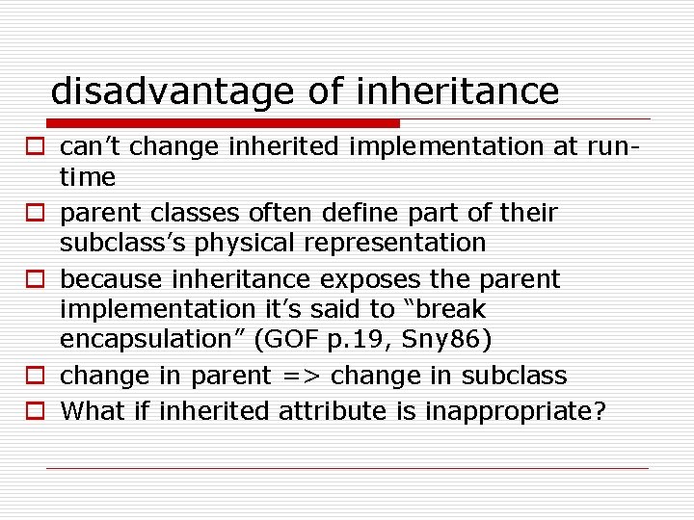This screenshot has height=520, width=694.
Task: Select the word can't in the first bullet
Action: coord(91,146)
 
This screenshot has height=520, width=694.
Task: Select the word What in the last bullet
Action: coord(93,411)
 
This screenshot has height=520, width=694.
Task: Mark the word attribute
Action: coord(333,411)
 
